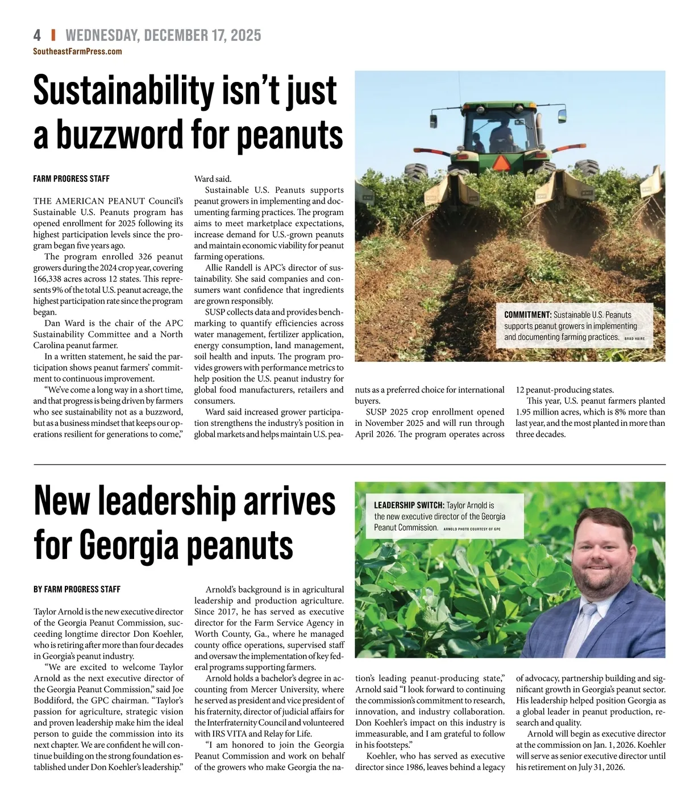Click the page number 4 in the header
tap(37, 35)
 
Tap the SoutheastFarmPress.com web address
tap(77, 51)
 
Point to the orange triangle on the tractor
tap(501, 163)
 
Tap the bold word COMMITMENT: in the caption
tap(527, 314)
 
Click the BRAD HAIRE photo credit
tap(634, 338)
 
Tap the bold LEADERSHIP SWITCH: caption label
tap(409, 505)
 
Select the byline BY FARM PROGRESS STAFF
tap(77, 589)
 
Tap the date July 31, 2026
tap(592, 767)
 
